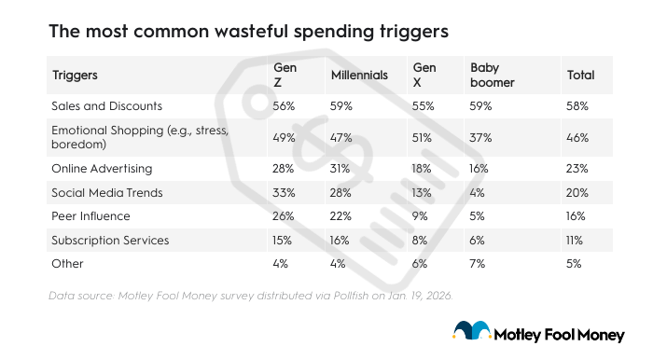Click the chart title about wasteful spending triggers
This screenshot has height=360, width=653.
pyautogui.click(x=249, y=31)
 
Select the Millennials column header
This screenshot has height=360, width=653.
pyautogui.click(x=358, y=75)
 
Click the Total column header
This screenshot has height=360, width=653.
pyautogui.click(x=580, y=75)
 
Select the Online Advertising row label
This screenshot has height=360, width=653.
pyautogui.click(x=102, y=168)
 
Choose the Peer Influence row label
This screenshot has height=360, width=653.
pyautogui.click(x=92, y=215)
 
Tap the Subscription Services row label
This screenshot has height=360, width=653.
pyautogui.click(x=111, y=240)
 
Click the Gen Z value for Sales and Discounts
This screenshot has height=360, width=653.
pyautogui.click(x=284, y=106)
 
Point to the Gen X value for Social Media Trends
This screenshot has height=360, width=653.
pyautogui.click(x=423, y=192)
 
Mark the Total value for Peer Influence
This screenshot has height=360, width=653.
pyautogui.click(x=577, y=215)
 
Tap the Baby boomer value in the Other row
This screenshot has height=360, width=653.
pyautogui.click(x=478, y=263)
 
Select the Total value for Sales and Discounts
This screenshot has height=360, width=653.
pyautogui.click(x=578, y=106)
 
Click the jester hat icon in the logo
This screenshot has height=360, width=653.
pyautogui.click(x=473, y=330)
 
